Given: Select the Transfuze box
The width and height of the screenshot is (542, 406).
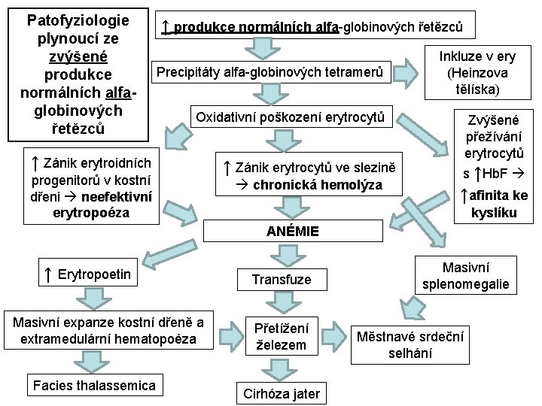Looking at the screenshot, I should click(x=281, y=280).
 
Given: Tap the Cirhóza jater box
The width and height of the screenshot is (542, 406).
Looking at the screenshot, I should click(x=281, y=392).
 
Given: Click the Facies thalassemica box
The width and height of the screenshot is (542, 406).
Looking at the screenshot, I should click(x=94, y=386).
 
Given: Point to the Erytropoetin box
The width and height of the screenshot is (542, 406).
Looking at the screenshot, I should click(x=88, y=275).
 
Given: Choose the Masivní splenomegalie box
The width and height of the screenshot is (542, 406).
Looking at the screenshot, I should click(x=465, y=275).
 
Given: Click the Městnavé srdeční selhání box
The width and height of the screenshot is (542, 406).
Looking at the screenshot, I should click(x=410, y=344).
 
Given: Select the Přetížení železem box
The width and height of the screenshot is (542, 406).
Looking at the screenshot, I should click(x=281, y=336).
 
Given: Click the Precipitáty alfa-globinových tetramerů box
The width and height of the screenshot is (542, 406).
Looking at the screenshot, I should click(x=269, y=73).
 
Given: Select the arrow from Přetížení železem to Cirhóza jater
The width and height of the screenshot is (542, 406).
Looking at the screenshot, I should click(x=281, y=368).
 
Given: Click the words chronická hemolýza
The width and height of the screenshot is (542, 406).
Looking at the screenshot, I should click(x=317, y=185).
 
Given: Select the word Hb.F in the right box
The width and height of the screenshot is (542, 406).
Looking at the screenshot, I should click(x=495, y=174).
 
